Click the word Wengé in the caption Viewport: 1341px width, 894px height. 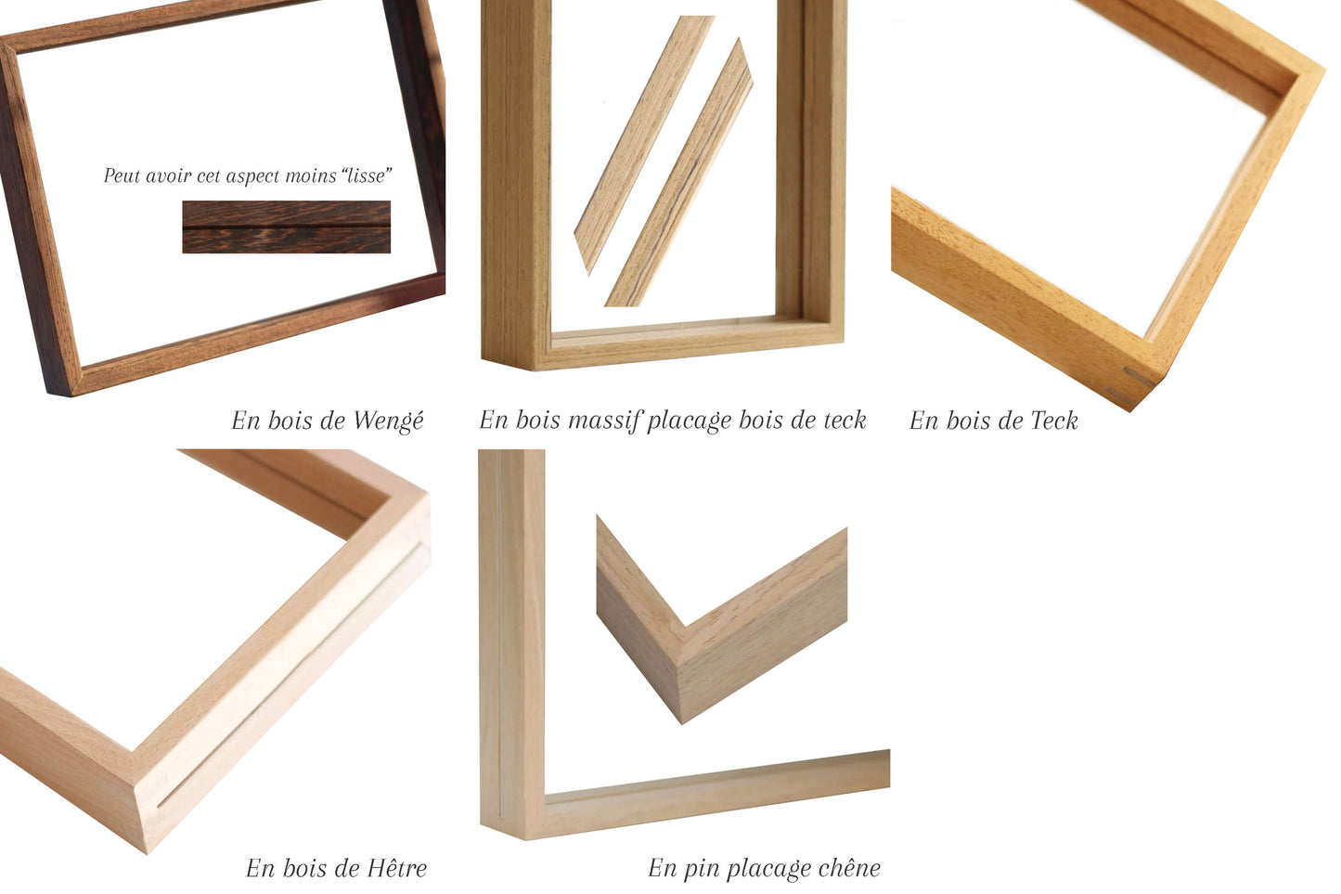tap(388, 421)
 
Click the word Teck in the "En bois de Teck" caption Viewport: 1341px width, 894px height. tap(1053, 421)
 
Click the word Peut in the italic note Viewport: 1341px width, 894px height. tap(119, 175)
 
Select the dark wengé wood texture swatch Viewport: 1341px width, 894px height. tap(286, 227)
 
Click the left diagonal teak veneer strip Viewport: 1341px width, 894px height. tap(643, 144)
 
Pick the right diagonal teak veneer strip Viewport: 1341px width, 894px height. tap(679, 174)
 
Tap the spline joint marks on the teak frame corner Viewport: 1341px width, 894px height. tap(1134, 384)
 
